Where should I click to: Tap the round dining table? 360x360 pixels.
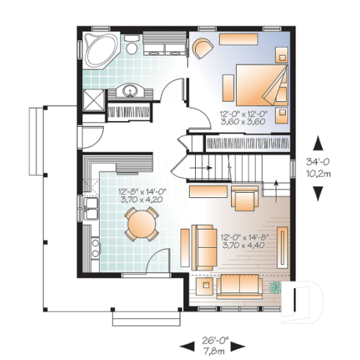tap(140, 223)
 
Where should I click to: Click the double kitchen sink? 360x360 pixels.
tap(91, 207)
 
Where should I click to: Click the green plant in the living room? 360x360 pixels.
tap(276, 287)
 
